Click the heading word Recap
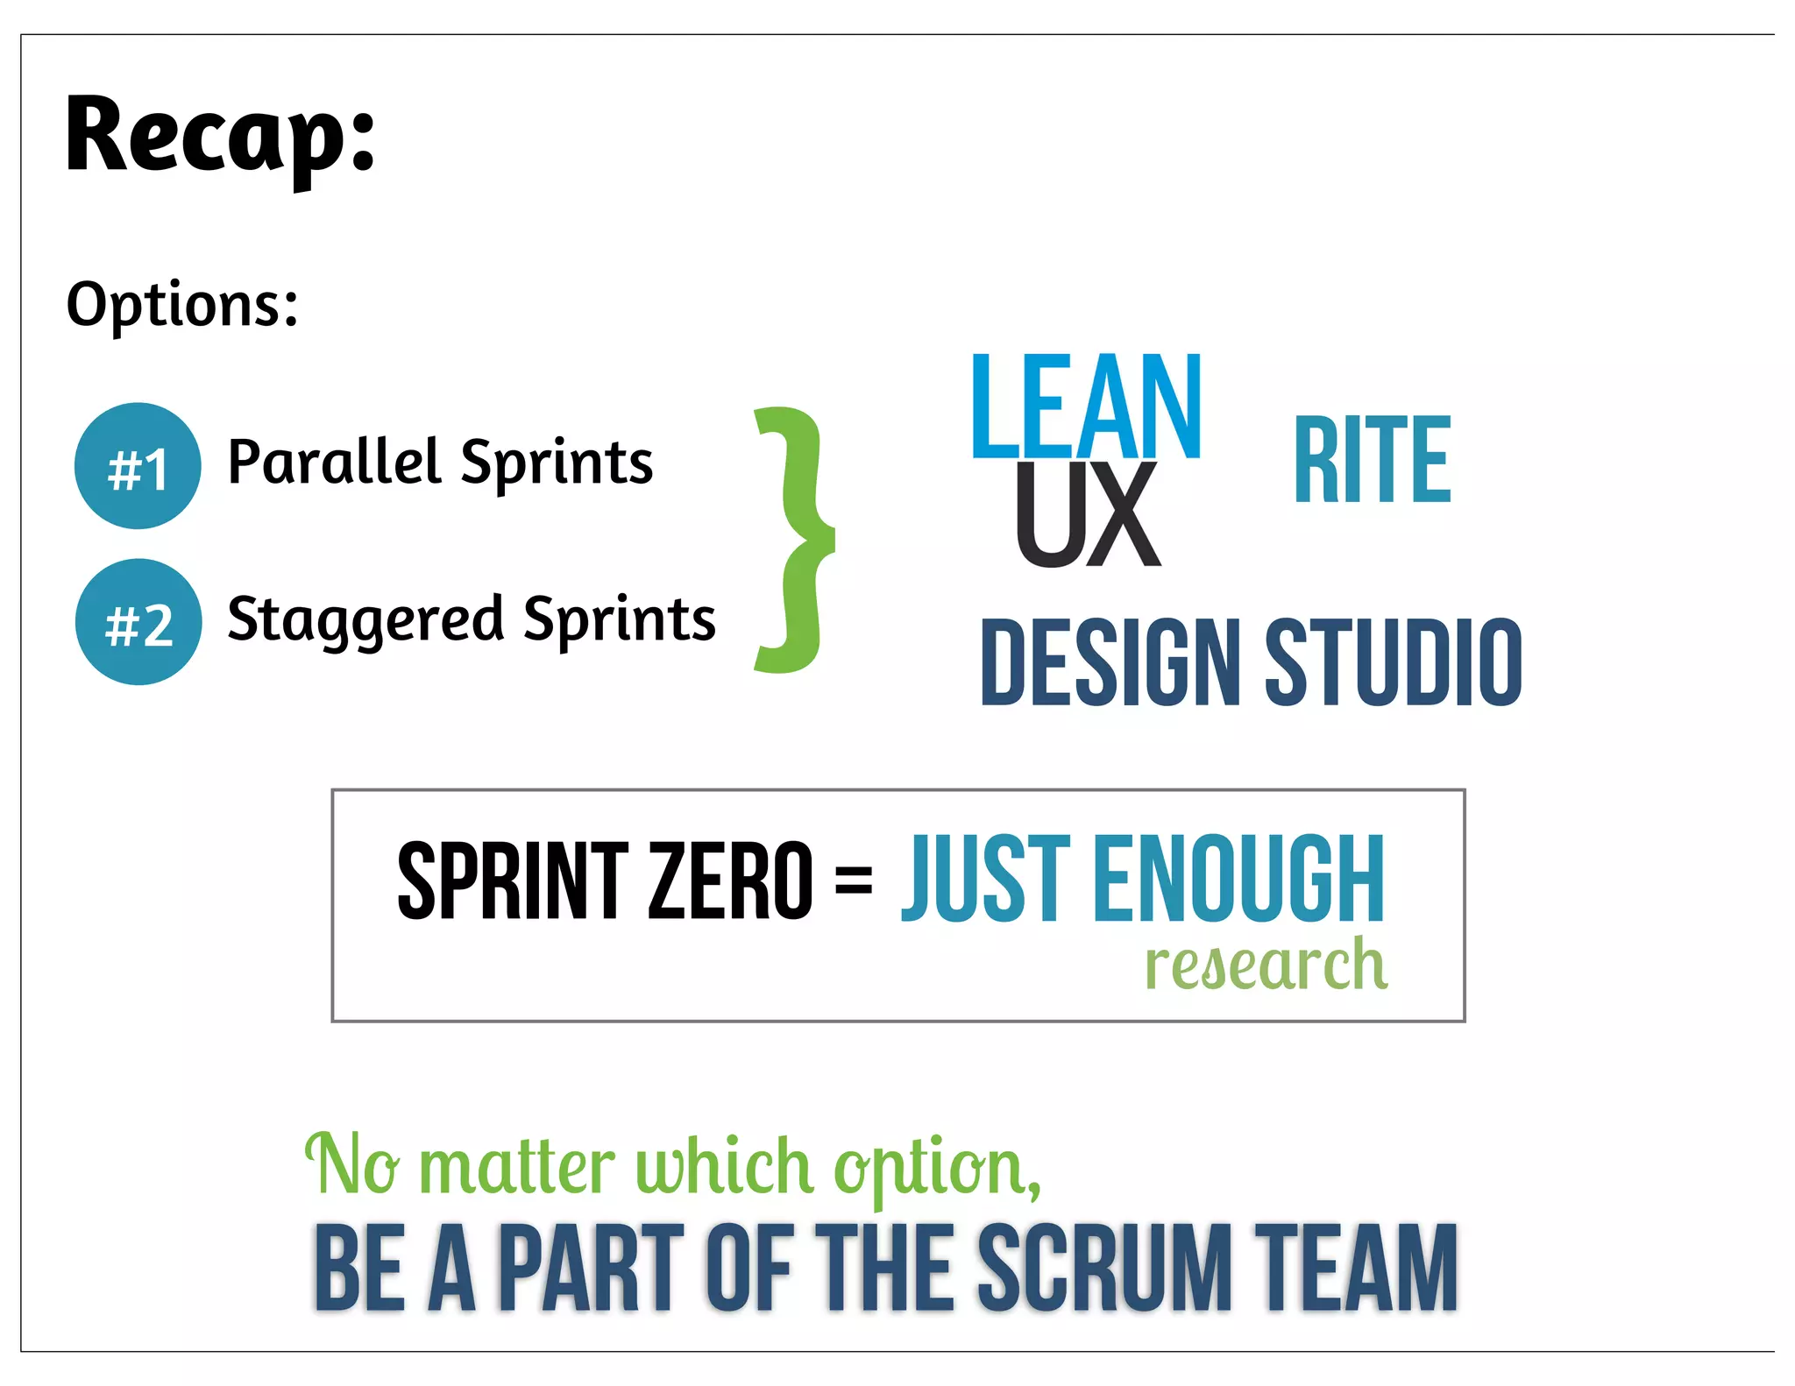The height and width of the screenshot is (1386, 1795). pyautogui.click(x=219, y=136)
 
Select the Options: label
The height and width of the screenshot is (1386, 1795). pyautogui.click(x=182, y=305)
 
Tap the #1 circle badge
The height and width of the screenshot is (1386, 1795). pyautogui.click(x=138, y=466)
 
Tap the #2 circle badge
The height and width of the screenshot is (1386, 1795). pyautogui.click(x=138, y=622)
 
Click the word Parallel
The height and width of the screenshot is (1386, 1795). pyautogui.click(x=333, y=462)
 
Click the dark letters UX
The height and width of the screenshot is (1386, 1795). pyautogui.click(x=1088, y=515)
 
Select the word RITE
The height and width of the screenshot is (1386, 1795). pyautogui.click(x=1372, y=461)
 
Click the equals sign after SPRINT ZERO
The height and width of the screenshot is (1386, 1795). pyautogui.click(x=853, y=879)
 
